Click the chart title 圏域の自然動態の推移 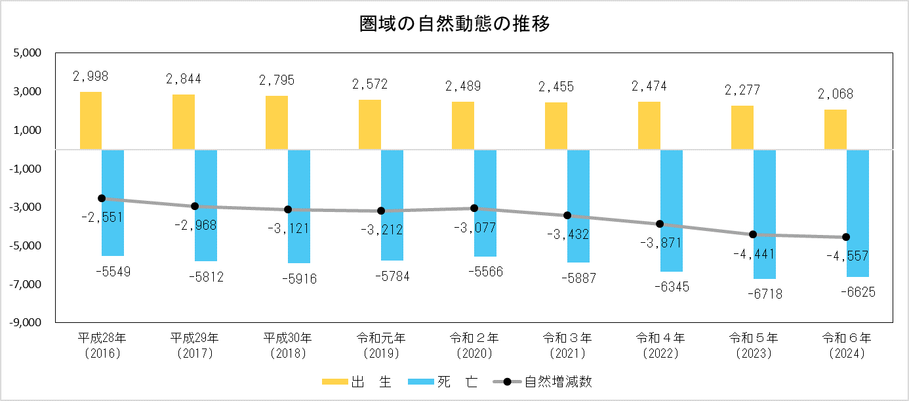click(454, 24)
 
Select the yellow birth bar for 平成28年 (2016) click(91, 121)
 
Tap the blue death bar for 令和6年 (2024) click(857, 213)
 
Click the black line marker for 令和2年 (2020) click(474, 208)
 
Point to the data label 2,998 click(91, 77)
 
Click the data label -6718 click(764, 295)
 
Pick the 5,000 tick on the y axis click(28, 53)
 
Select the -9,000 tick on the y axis click(26, 323)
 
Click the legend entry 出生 click(357, 383)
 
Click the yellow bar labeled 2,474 click(649, 126)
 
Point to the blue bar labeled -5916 click(299, 206)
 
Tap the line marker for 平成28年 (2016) click(102, 198)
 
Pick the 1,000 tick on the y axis click(28, 131)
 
